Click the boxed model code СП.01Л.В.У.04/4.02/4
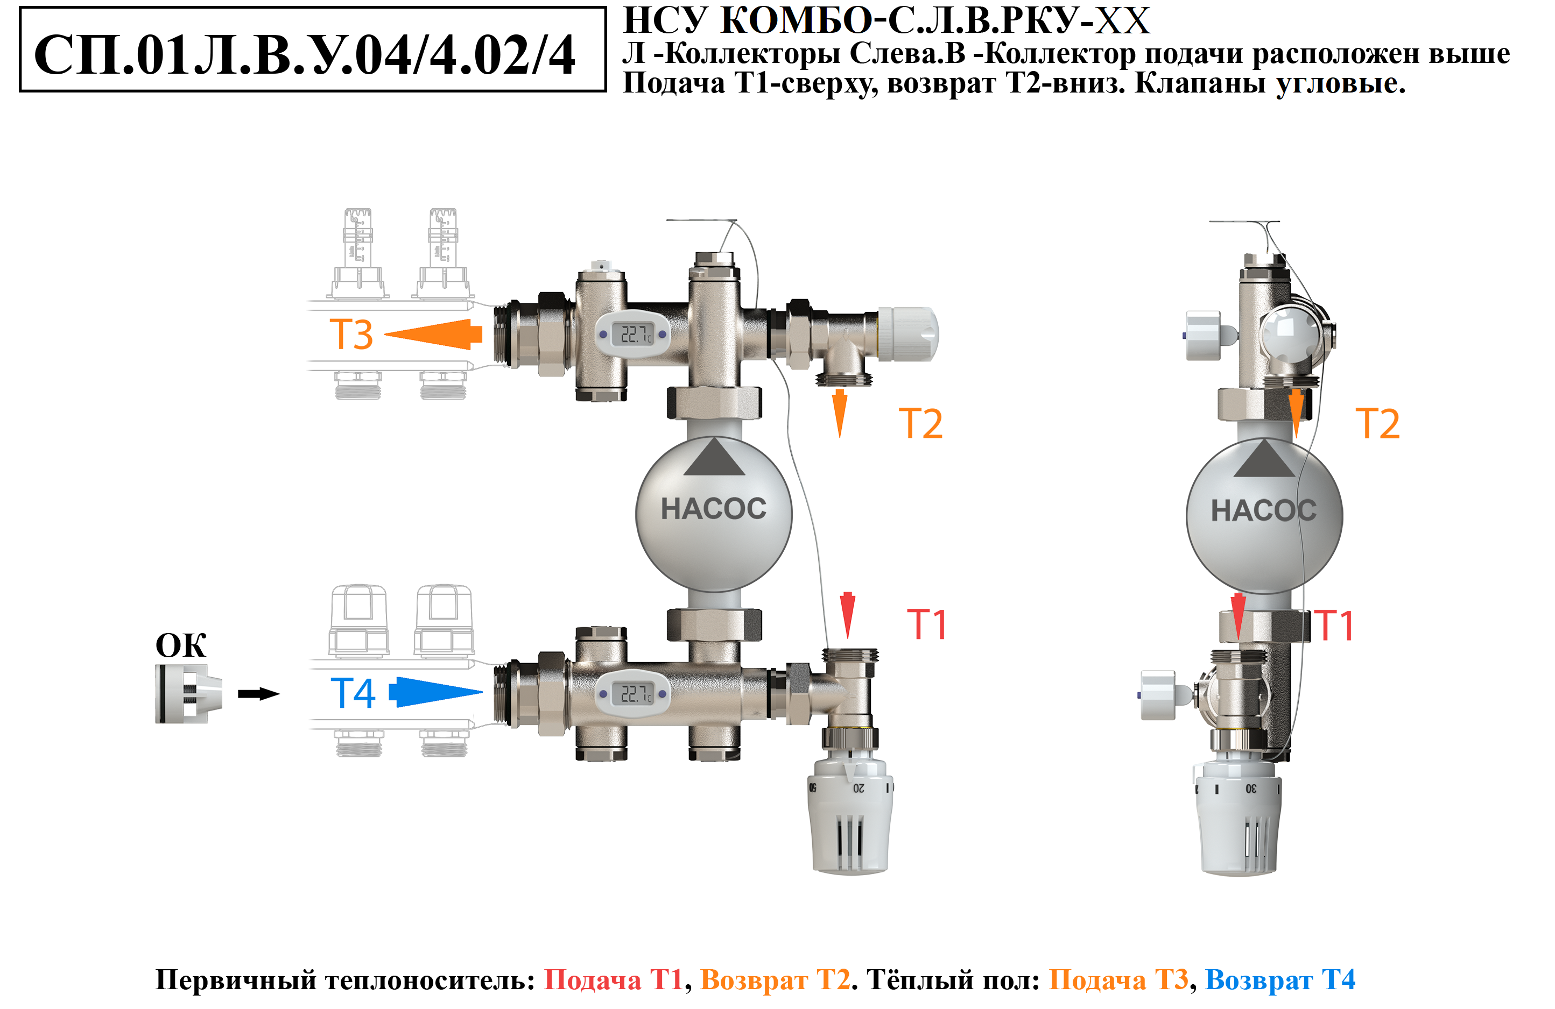[x=305, y=55]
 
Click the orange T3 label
[x=351, y=335]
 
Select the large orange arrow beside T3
[x=433, y=335]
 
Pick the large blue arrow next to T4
[x=436, y=692]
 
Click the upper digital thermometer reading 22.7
[x=632, y=335]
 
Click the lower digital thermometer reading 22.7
[x=632, y=694]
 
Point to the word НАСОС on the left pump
[x=714, y=509]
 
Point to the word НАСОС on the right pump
[x=1264, y=511]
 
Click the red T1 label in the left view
[x=926, y=624]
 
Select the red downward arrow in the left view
[x=847, y=615]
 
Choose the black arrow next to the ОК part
[x=259, y=694]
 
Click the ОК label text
[x=181, y=645]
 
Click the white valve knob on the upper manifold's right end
[x=908, y=335]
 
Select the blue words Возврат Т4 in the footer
[x=1280, y=979]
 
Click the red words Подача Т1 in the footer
[x=614, y=979]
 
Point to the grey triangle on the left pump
[x=714, y=457]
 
